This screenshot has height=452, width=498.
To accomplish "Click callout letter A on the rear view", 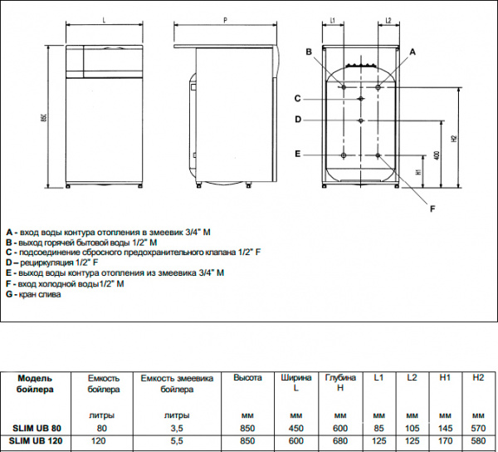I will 413,52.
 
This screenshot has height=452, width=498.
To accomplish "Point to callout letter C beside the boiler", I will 297,99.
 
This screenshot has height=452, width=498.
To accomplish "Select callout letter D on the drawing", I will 297,120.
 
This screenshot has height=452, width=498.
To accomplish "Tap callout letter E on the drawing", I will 297,154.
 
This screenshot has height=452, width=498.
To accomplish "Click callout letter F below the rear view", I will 432,209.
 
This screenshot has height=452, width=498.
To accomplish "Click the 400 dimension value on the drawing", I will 437,155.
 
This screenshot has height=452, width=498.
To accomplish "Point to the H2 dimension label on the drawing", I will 454,139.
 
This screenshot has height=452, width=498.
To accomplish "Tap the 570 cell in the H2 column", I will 477,427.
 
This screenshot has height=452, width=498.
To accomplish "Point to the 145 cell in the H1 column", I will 445,427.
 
